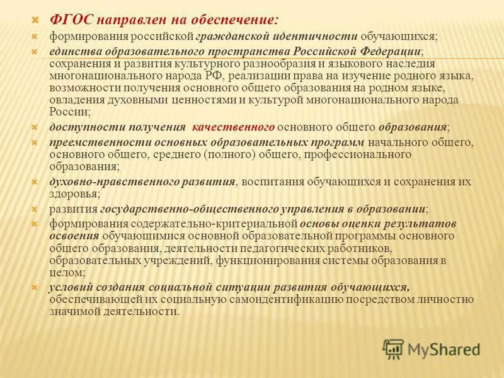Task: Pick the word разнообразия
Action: [x=245, y=64]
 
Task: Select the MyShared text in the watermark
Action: [x=444, y=348]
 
